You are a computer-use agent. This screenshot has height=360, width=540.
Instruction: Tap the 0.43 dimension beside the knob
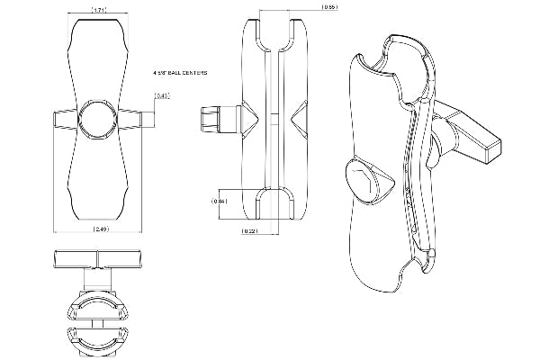(162, 96)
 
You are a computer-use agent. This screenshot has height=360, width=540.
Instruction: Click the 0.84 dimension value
(219, 201)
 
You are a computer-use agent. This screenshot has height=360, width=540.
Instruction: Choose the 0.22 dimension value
(250, 232)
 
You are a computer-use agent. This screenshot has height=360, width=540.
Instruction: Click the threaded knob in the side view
(216, 118)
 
